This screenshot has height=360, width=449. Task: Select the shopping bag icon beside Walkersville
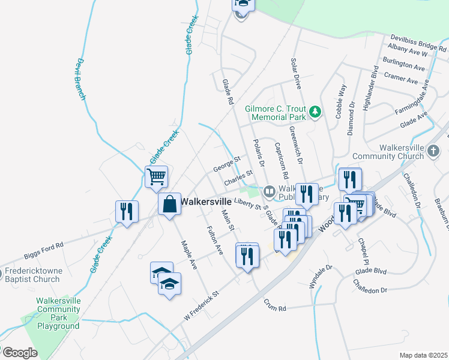click(170, 203)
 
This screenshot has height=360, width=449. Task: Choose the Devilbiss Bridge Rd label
click(419, 41)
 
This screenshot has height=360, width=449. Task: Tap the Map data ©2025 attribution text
click(423, 355)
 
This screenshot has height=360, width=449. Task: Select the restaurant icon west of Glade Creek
click(126, 212)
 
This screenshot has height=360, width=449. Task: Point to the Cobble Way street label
click(342, 101)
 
